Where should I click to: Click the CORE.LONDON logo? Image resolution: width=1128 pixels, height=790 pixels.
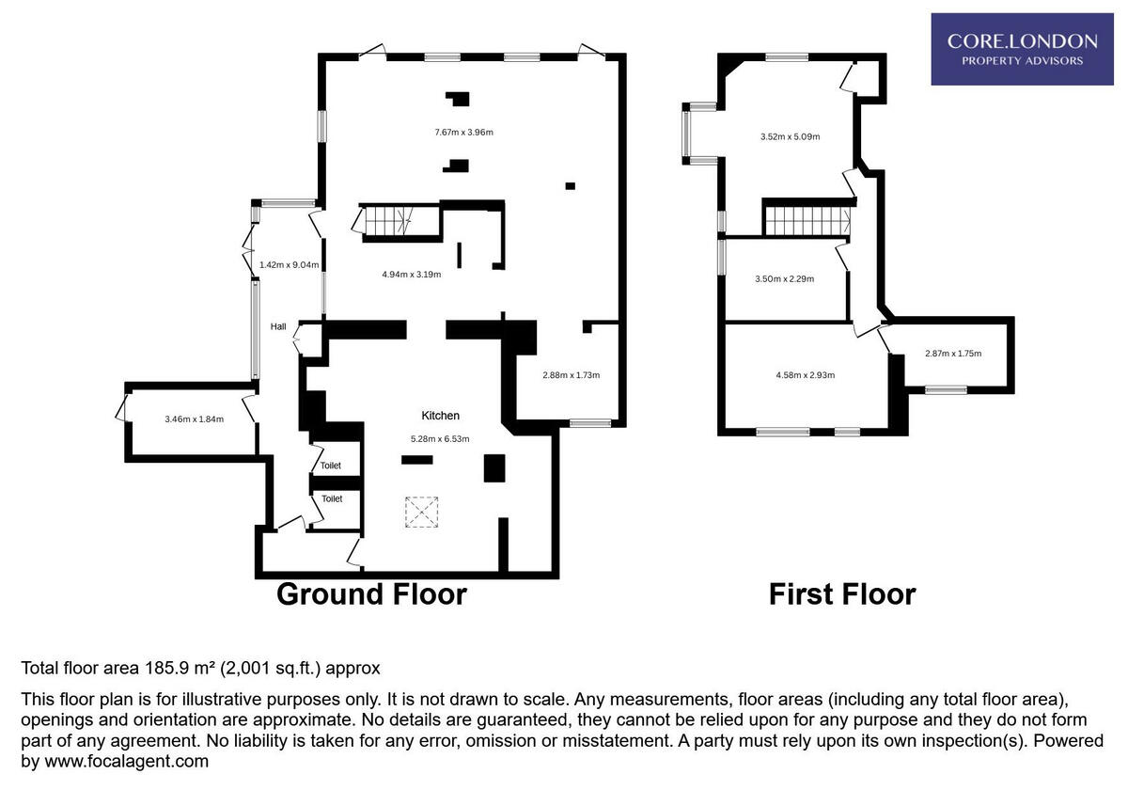tap(1022, 49)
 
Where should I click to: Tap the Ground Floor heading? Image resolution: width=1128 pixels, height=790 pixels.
tap(371, 594)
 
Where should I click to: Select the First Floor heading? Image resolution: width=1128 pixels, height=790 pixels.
tap(841, 594)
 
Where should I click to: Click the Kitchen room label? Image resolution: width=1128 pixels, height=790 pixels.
tap(440, 416)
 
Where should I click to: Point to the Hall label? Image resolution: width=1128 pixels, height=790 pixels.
tap(278, 326)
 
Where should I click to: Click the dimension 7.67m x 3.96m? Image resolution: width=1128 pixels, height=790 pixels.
tap(463, 133)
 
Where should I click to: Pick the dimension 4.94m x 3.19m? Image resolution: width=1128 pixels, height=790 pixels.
tap(411, 275)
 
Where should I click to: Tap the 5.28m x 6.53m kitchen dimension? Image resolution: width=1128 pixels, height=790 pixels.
tap(440, 438)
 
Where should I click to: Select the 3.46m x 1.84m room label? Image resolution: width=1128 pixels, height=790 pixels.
tap(194, 419)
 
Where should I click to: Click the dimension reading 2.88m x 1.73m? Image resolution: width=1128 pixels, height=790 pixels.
tap(571, 375)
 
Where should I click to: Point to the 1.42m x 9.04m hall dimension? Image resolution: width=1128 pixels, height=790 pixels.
tap(288, 265)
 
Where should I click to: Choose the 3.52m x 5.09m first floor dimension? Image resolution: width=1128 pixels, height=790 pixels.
tap(790, 137)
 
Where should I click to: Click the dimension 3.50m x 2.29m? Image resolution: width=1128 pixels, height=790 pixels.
tap(784, 278)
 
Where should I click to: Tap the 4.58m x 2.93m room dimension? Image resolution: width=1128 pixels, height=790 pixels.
tap(805, 375)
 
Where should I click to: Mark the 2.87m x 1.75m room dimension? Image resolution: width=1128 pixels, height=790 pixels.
tap(952, 354)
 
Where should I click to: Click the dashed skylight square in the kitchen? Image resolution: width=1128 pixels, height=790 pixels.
tap(421, 512)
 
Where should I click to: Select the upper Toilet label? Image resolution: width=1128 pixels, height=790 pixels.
tap(331, 466)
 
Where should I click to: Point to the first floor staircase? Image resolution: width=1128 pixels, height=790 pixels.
tap(806, 222)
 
